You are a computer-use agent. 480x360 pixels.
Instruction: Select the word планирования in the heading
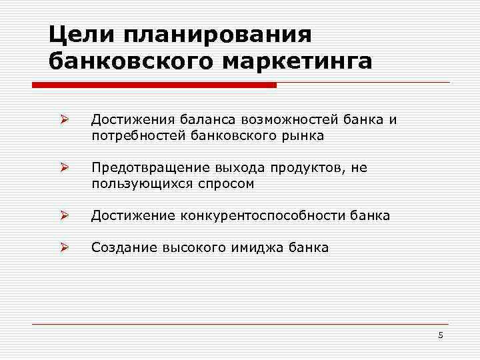point(217,34)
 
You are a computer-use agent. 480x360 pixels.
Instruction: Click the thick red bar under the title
point(154,85)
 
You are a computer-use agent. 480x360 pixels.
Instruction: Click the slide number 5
point(441,335)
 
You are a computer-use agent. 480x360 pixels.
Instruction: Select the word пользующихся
point(140,184)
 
